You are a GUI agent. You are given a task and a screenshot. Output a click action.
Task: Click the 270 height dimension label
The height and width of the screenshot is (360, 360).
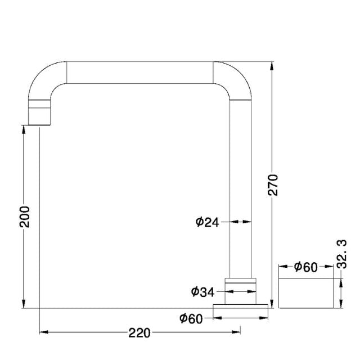tap(273, 184)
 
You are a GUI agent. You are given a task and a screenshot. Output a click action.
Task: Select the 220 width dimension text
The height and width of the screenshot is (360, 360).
tap(139, 333)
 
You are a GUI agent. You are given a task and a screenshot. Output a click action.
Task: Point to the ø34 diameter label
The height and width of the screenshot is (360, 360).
tap(202, 291)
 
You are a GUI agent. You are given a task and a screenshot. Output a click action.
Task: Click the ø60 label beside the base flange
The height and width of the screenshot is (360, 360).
tap(191, 319)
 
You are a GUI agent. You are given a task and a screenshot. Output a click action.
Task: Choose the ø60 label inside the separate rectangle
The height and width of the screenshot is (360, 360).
tap(305, 267)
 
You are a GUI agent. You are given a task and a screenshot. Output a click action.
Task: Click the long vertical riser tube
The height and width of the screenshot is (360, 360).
tap(241, 186)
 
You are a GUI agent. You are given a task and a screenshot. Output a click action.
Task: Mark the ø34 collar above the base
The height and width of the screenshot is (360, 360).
tap(241, 287)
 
